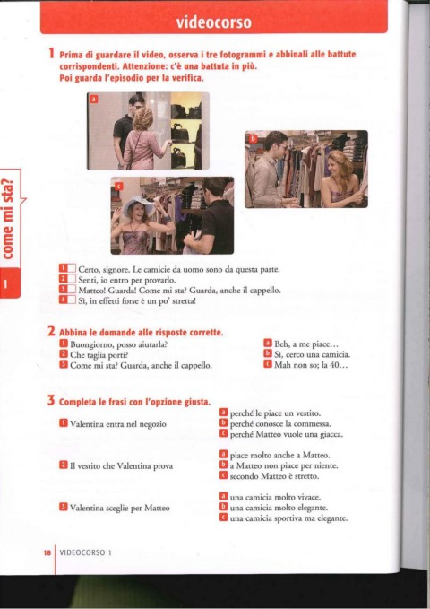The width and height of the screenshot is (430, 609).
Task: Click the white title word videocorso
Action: click(214, 22)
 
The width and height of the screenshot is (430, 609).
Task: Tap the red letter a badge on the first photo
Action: click(93, 100)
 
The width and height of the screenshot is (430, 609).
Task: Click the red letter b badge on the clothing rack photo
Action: click(253, 138)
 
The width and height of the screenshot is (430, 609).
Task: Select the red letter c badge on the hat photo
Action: click(119, 187)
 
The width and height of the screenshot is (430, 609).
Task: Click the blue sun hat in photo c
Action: click(138, 206)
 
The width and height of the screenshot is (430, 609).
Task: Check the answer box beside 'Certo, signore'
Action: click(72, 269)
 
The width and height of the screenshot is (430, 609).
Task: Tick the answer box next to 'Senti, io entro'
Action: click(72, 279)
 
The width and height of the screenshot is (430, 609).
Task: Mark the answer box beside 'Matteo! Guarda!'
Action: click(72, 290)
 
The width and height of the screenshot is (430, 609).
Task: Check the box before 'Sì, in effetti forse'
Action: click(72, 300)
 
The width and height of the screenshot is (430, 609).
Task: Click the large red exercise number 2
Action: click(51, 331)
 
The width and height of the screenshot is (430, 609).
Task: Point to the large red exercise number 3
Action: click(51, 400)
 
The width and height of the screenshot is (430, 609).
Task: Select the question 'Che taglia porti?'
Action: click(99, 354)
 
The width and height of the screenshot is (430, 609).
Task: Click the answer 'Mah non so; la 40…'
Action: click(311, 365)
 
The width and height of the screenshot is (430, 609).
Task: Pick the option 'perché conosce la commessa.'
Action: click(280, 423)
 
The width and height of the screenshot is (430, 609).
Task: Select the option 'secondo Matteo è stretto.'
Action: click(274, 475)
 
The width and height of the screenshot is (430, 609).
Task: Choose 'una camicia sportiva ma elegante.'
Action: click(288, 518)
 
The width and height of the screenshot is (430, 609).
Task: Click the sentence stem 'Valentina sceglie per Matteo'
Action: click(119, 508)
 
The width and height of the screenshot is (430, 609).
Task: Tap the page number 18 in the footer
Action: click(47, 552)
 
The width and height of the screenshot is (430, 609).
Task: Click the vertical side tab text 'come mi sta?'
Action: click(9, 218)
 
